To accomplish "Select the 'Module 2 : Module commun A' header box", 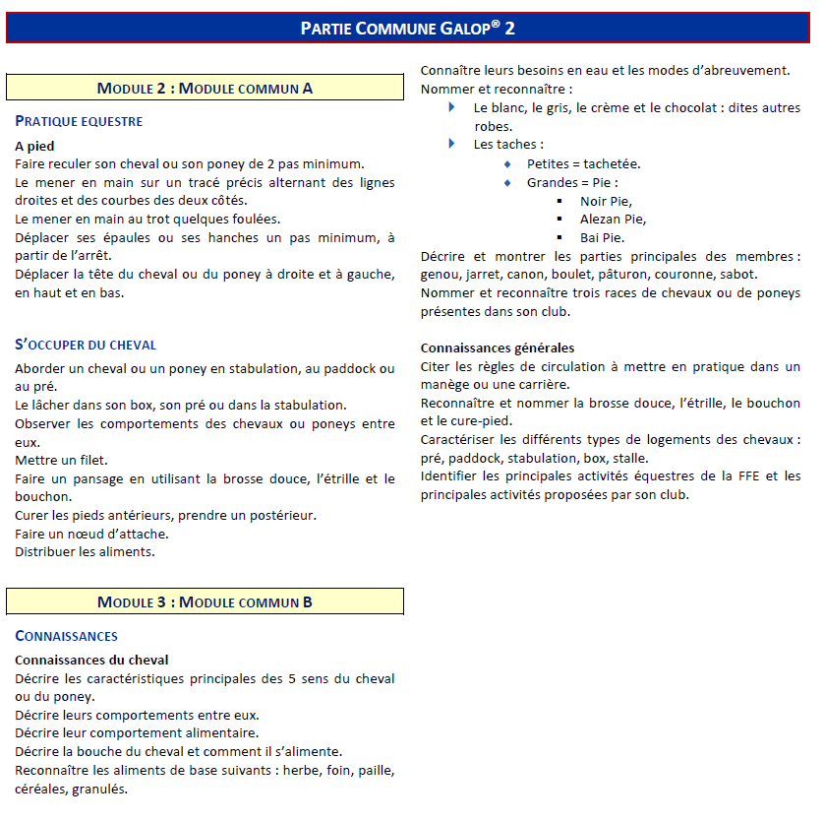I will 205,88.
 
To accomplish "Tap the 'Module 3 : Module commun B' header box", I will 205,601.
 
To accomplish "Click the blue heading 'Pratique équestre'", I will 79,121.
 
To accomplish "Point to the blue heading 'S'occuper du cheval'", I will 86,345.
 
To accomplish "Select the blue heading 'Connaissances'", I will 66,636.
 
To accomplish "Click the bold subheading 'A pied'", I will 34,146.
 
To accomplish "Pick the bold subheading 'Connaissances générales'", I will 498,348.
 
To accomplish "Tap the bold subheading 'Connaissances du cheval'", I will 91,660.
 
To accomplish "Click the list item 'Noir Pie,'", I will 605,201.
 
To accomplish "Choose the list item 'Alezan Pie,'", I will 613,219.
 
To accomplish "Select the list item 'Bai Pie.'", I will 602,237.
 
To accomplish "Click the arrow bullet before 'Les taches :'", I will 452,144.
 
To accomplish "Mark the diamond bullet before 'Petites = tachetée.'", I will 507,163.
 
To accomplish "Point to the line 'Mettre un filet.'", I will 62,460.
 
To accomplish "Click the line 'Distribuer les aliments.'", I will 85,551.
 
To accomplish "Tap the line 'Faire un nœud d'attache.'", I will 91,533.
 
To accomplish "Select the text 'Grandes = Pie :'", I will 572,182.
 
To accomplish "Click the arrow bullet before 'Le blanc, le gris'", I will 452,107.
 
